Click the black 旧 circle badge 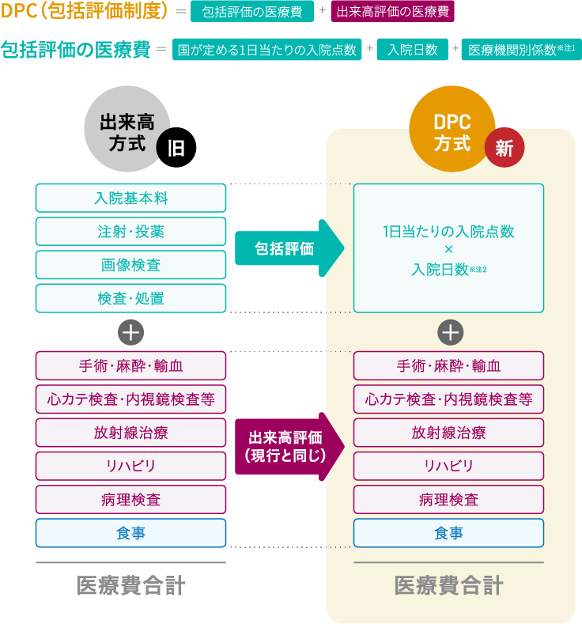176,148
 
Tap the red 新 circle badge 505,147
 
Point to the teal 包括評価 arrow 289,248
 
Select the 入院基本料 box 130,198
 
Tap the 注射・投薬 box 130,232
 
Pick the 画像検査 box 130,265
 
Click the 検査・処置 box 130,298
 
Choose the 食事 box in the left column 130,533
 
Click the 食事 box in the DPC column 448,533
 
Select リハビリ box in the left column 130,466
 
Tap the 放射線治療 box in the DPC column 448,433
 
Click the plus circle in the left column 130,332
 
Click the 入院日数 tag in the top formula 412,50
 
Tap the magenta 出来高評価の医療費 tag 392,12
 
